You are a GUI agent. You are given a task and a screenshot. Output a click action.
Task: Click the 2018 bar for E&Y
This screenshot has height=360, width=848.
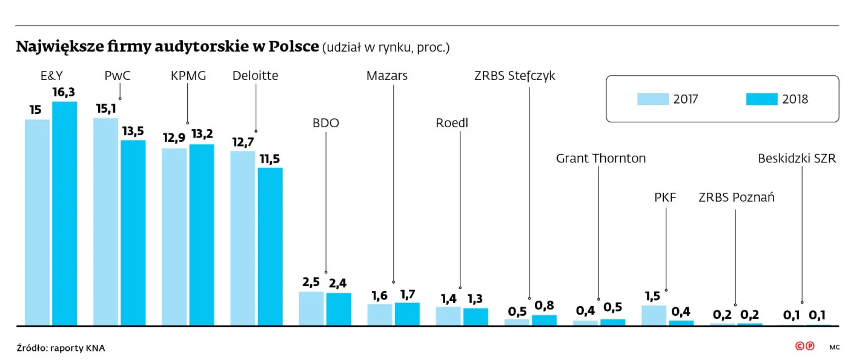pyautogui.click(x=64, y=213)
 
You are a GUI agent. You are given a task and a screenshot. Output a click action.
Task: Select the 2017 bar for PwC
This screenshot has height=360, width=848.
pyautogui.click(x=105, y=222)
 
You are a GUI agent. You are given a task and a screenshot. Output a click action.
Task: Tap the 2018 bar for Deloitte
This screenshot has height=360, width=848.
pyautogui.click(x=270, y=247)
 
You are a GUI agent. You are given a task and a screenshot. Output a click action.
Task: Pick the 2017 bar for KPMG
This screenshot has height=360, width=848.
pyautogui.click(x=174, y=237)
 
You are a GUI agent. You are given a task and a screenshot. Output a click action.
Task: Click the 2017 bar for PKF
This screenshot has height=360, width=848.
pyautogui.click(x=654, y=315)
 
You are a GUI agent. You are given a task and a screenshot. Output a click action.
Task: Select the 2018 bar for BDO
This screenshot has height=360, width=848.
pyautogui.click(x=339, y=309)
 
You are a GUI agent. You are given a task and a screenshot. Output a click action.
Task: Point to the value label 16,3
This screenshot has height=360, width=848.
pyautogui.click(x=64, y=92)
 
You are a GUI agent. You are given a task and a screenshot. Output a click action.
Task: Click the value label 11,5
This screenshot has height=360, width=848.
pyautogui.click(x=270, y=159)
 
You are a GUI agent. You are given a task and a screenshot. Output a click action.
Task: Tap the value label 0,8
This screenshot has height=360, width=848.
pyautogui.click(x=544, y=305)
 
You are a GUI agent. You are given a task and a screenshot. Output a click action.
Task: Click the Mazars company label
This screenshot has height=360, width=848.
pyautogui.click(x=387, y=76)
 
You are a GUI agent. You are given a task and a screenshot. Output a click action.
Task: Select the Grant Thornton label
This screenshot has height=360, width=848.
pyautogui.click(x=601, y=158)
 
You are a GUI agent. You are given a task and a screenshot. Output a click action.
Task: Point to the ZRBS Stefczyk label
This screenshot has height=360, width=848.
pyautogui.click(x=515, y=76)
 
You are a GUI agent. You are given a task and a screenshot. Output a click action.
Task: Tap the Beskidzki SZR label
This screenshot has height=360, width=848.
pyautogui.click(x=797, y=158)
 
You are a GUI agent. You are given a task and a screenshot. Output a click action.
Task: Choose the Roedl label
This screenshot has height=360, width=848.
pyautogui.click(x=452, y=123)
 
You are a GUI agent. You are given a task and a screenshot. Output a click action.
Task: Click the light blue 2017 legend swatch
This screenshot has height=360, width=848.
pyautogui.click(x=653, y=99)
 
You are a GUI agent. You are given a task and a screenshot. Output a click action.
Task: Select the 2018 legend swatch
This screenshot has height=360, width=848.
pyautogui.click(x=762, y=99)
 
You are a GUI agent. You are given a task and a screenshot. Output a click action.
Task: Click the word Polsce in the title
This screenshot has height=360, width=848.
pyautogui.click(x=294, y=46)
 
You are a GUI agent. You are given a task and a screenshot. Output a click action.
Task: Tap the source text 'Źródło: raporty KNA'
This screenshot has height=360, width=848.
pyautogui.click(x=61, y=347)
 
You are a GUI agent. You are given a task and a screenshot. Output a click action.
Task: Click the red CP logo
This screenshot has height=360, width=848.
pyautogui.click(x=804, y=346)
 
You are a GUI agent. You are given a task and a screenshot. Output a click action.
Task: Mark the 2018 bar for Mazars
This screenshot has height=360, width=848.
pyautogui.click(x=407, y=314)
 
